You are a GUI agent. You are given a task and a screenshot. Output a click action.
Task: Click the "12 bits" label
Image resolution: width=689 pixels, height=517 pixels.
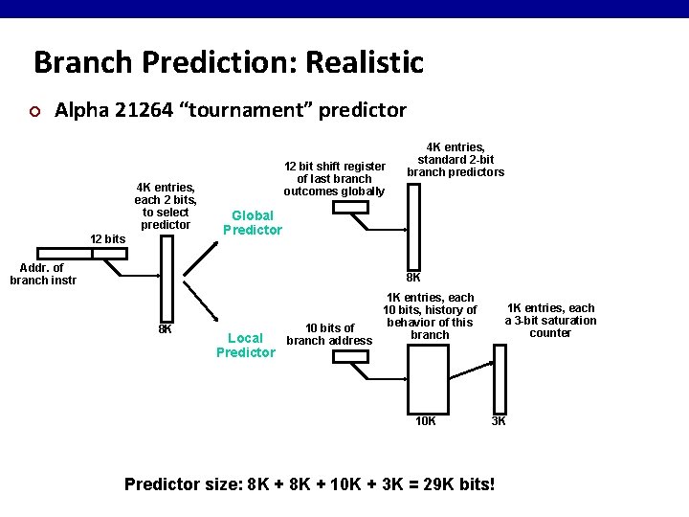107,238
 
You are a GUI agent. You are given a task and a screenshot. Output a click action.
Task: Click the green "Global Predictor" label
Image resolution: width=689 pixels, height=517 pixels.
253,223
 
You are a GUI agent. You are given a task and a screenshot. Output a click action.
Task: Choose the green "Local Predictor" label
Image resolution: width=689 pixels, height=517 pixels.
246,345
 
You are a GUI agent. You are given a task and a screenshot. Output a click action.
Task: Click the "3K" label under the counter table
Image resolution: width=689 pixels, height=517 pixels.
500,421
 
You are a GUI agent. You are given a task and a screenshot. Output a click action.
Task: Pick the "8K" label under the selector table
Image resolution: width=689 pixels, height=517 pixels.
165,329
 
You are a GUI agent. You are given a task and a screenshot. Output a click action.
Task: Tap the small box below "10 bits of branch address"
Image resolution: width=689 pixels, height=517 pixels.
345,356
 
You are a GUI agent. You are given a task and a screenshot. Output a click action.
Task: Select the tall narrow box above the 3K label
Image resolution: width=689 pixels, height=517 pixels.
499,379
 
